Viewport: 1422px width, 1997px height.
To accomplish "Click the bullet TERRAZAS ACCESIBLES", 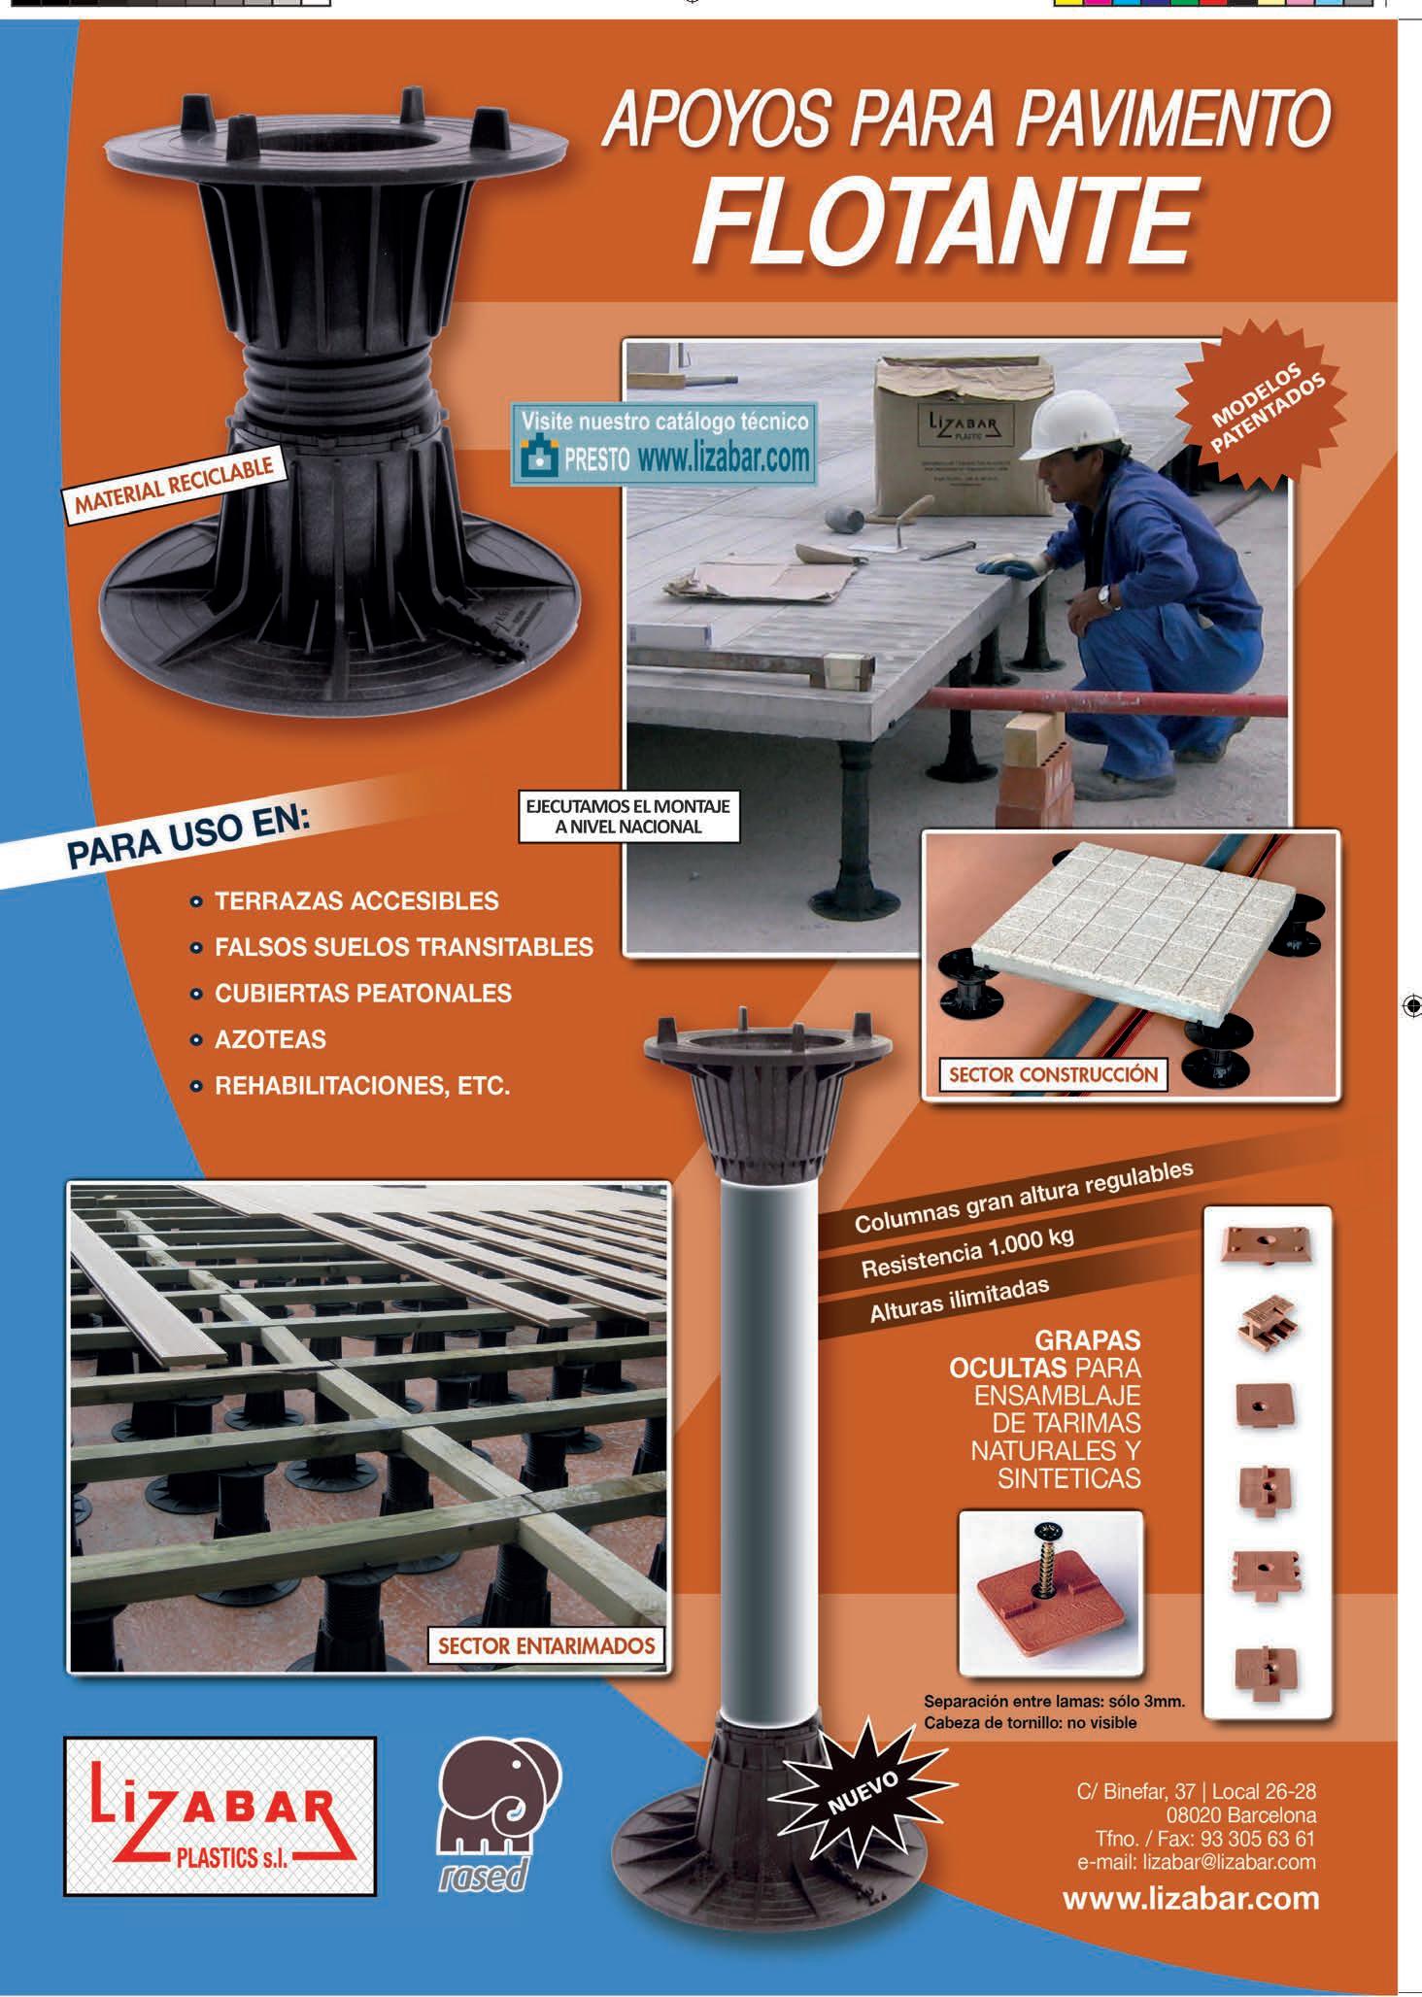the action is tap(356, 900).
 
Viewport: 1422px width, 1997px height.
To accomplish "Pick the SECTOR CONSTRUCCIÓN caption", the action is tap(1053, 1074).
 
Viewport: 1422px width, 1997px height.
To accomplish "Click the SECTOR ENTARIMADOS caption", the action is tap(546, 1645).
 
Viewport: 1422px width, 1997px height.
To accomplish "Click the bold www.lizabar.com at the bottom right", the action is tap(1191, 1899).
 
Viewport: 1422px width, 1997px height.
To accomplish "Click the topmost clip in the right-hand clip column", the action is tap(1267, 1243).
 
